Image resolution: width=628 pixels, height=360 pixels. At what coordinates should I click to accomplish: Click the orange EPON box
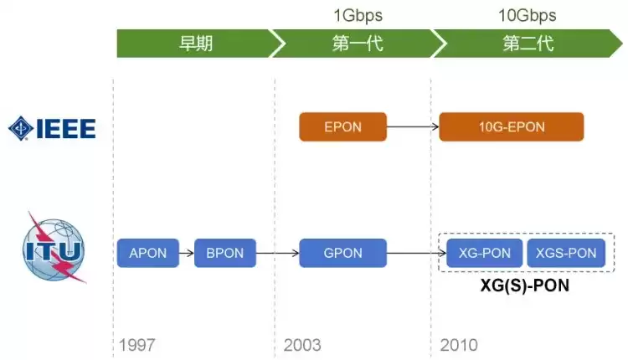[343, 127]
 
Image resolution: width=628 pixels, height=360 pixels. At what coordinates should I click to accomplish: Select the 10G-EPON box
[512, 127]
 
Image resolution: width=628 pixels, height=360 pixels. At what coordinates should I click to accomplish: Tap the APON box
[148, 253]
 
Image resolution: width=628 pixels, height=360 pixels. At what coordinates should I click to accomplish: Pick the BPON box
[225, 253]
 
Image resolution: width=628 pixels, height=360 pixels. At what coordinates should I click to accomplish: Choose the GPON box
[343, 253]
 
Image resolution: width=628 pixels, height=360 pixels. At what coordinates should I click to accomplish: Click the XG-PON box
[481, 253]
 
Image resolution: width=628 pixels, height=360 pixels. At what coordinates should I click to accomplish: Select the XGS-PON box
[566, 253]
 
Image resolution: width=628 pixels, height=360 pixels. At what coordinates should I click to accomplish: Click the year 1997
[137, 344]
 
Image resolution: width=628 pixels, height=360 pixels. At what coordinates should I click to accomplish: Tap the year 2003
[302, 344]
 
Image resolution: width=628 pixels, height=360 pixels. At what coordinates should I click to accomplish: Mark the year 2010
[459, 344]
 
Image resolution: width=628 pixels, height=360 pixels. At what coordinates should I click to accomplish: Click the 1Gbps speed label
[358, 15]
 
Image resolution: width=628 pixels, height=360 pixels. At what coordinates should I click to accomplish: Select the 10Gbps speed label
[528, 15]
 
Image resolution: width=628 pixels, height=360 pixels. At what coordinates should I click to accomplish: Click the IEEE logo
[52, 128]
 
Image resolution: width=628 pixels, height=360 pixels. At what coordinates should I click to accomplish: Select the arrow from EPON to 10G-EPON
[413, 127]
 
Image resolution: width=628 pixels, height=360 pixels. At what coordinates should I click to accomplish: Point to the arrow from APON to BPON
[187, 253]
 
